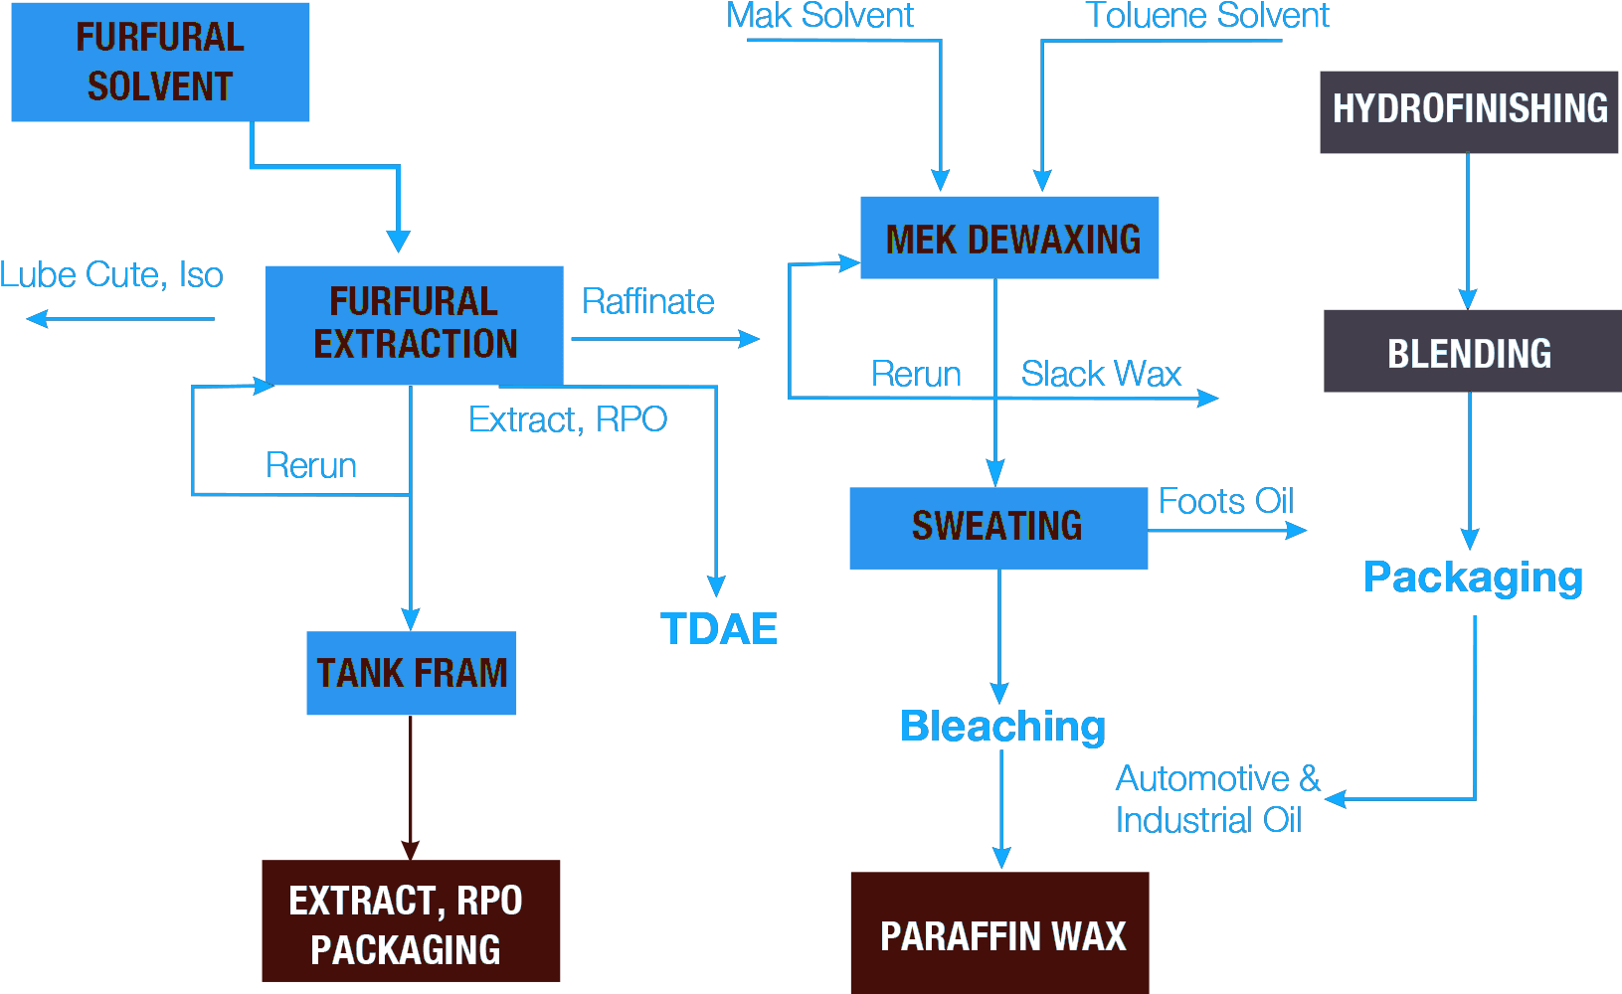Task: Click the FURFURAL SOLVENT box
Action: coord(160,62)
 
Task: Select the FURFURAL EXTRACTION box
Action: coord(414,324)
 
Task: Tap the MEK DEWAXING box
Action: coord(1009,239)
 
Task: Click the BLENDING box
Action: coord(1471,352)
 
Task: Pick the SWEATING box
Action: coord(997,527)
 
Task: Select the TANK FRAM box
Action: coord(412,673)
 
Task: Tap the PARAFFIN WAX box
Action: coord(1000,934)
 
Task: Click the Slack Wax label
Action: coord(1101,375)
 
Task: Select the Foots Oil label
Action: coord(1226,502)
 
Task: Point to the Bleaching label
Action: coord(1005,728)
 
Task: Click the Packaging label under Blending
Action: coord(1476,579)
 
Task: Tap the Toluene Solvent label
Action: coord(1207,17)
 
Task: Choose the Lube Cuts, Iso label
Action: coord(112,275)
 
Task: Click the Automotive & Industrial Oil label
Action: coord(1215,799)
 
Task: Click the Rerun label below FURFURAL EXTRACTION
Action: coord(311,465)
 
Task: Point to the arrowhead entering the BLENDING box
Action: coord(1468,299)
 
